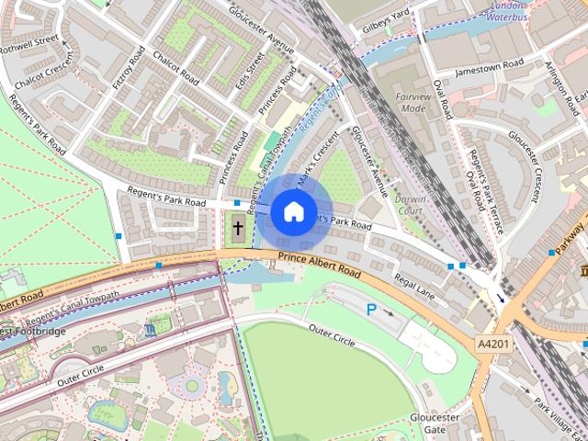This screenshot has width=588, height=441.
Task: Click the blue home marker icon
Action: coord(292,211)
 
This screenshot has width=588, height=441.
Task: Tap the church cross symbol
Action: coord(237,228)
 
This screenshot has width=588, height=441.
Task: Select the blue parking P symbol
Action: coord(372,311)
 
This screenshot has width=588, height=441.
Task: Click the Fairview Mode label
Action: coord(413,102)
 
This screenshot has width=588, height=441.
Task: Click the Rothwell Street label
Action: coord(30,42)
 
